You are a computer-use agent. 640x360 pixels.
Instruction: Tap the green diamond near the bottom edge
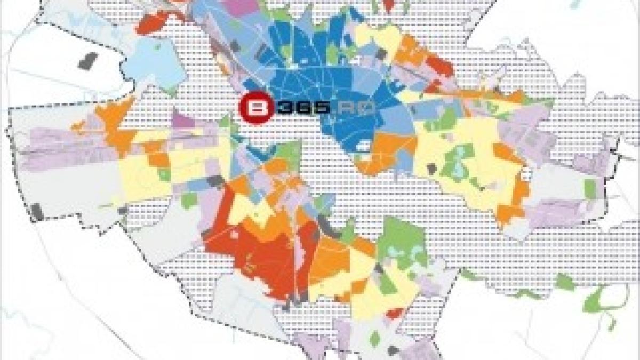click(375, 338)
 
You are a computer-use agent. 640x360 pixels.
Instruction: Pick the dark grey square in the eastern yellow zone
click(431, 170)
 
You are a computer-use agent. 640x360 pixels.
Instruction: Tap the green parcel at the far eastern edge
click(589, 188)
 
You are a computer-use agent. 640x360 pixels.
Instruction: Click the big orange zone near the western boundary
click(113, 120)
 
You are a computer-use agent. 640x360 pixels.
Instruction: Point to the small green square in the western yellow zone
click(166, 174)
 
